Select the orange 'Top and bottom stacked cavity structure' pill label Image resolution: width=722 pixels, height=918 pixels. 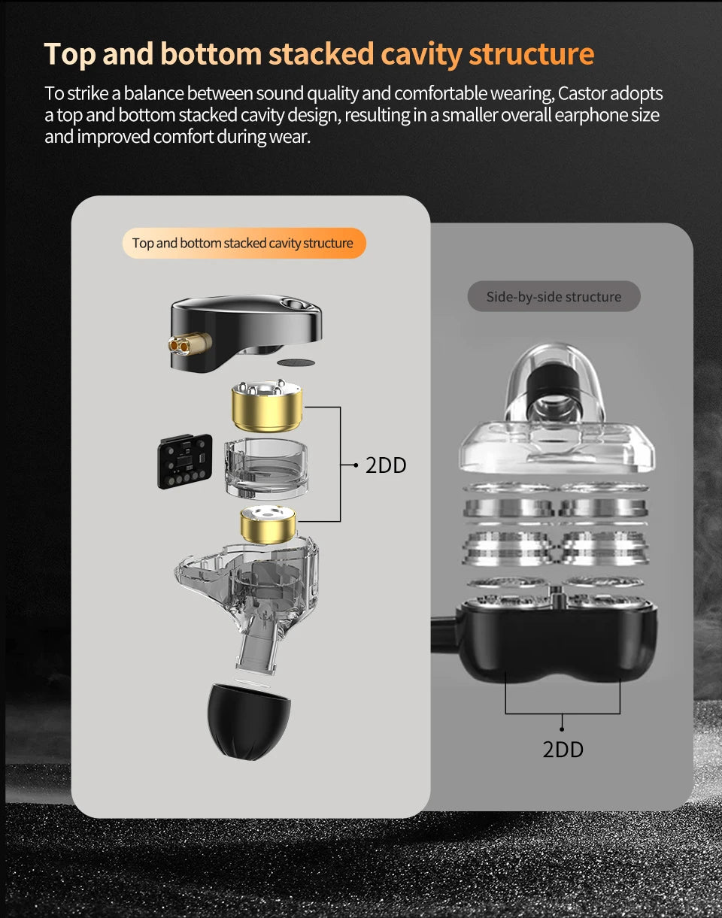point(244,244)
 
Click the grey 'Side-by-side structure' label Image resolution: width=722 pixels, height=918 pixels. point(554,297)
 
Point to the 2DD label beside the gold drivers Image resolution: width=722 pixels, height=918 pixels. point(386,465)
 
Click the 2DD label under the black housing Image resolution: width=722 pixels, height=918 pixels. point(563,749)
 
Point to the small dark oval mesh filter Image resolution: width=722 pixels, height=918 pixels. point(296,362)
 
